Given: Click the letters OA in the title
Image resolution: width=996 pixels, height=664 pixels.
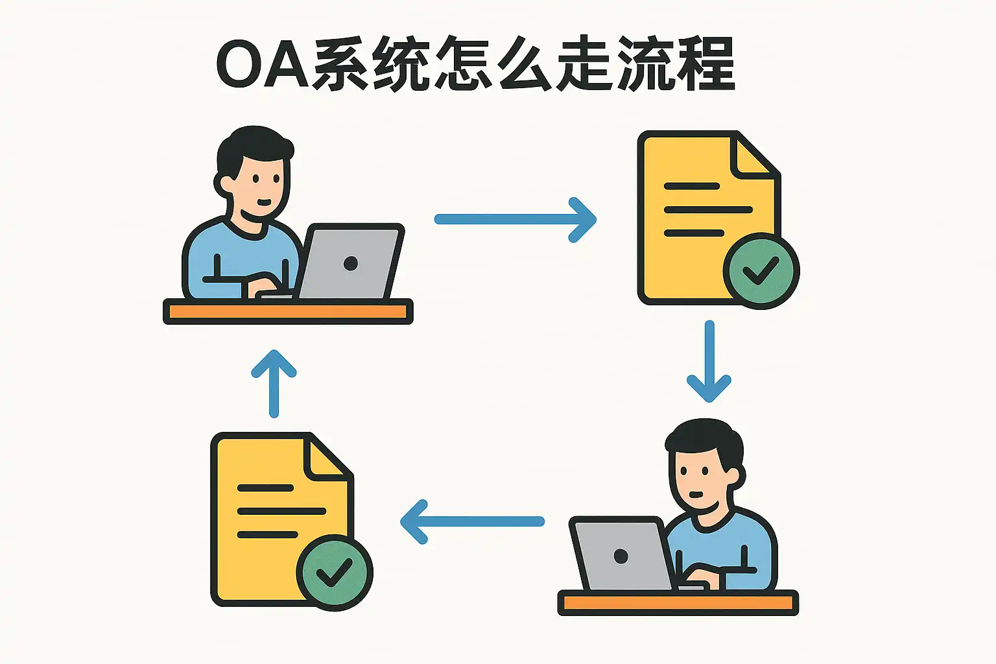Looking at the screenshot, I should click(262, 65).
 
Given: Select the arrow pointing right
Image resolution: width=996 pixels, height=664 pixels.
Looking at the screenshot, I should click(516, 220).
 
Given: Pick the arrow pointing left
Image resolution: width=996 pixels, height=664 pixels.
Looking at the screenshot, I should click(473, 521).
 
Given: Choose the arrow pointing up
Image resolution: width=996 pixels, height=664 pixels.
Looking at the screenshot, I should click(274, 383).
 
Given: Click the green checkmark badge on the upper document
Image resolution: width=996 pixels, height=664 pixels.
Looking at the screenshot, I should click(761, 271).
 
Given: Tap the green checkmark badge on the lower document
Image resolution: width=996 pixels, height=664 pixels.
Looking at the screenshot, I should click(334, 573).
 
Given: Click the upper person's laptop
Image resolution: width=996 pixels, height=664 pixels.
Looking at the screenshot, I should click(350, 262).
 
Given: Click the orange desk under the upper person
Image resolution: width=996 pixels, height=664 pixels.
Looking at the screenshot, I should click(288, 312).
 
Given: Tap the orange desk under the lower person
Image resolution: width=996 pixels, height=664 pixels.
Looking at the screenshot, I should click(678, 603).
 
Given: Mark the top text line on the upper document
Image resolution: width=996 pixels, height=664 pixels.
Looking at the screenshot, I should click(692, 186).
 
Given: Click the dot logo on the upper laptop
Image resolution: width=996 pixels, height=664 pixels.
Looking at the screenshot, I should click(351, 263).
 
